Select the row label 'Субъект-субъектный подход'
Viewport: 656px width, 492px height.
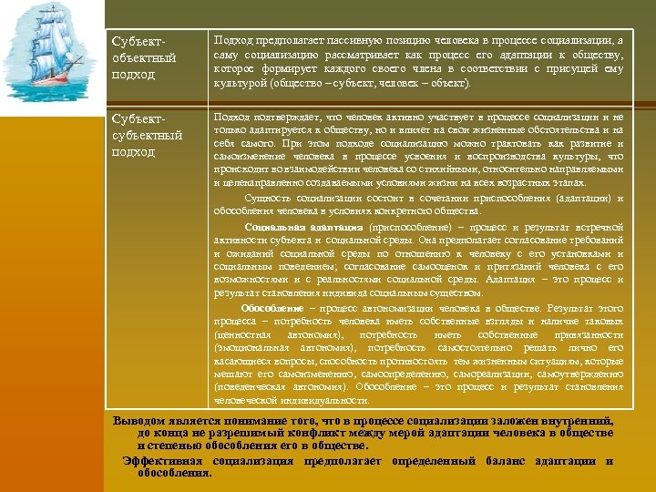pos(146,135)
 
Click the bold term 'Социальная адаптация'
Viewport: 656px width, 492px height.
pos(282,227)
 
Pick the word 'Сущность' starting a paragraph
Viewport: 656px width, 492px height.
pos(268,199)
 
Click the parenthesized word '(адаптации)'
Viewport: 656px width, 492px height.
pos(573,199)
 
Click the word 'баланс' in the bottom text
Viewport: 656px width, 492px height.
pos(502,461)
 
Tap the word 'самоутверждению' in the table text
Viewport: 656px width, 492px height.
pos(579,374)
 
